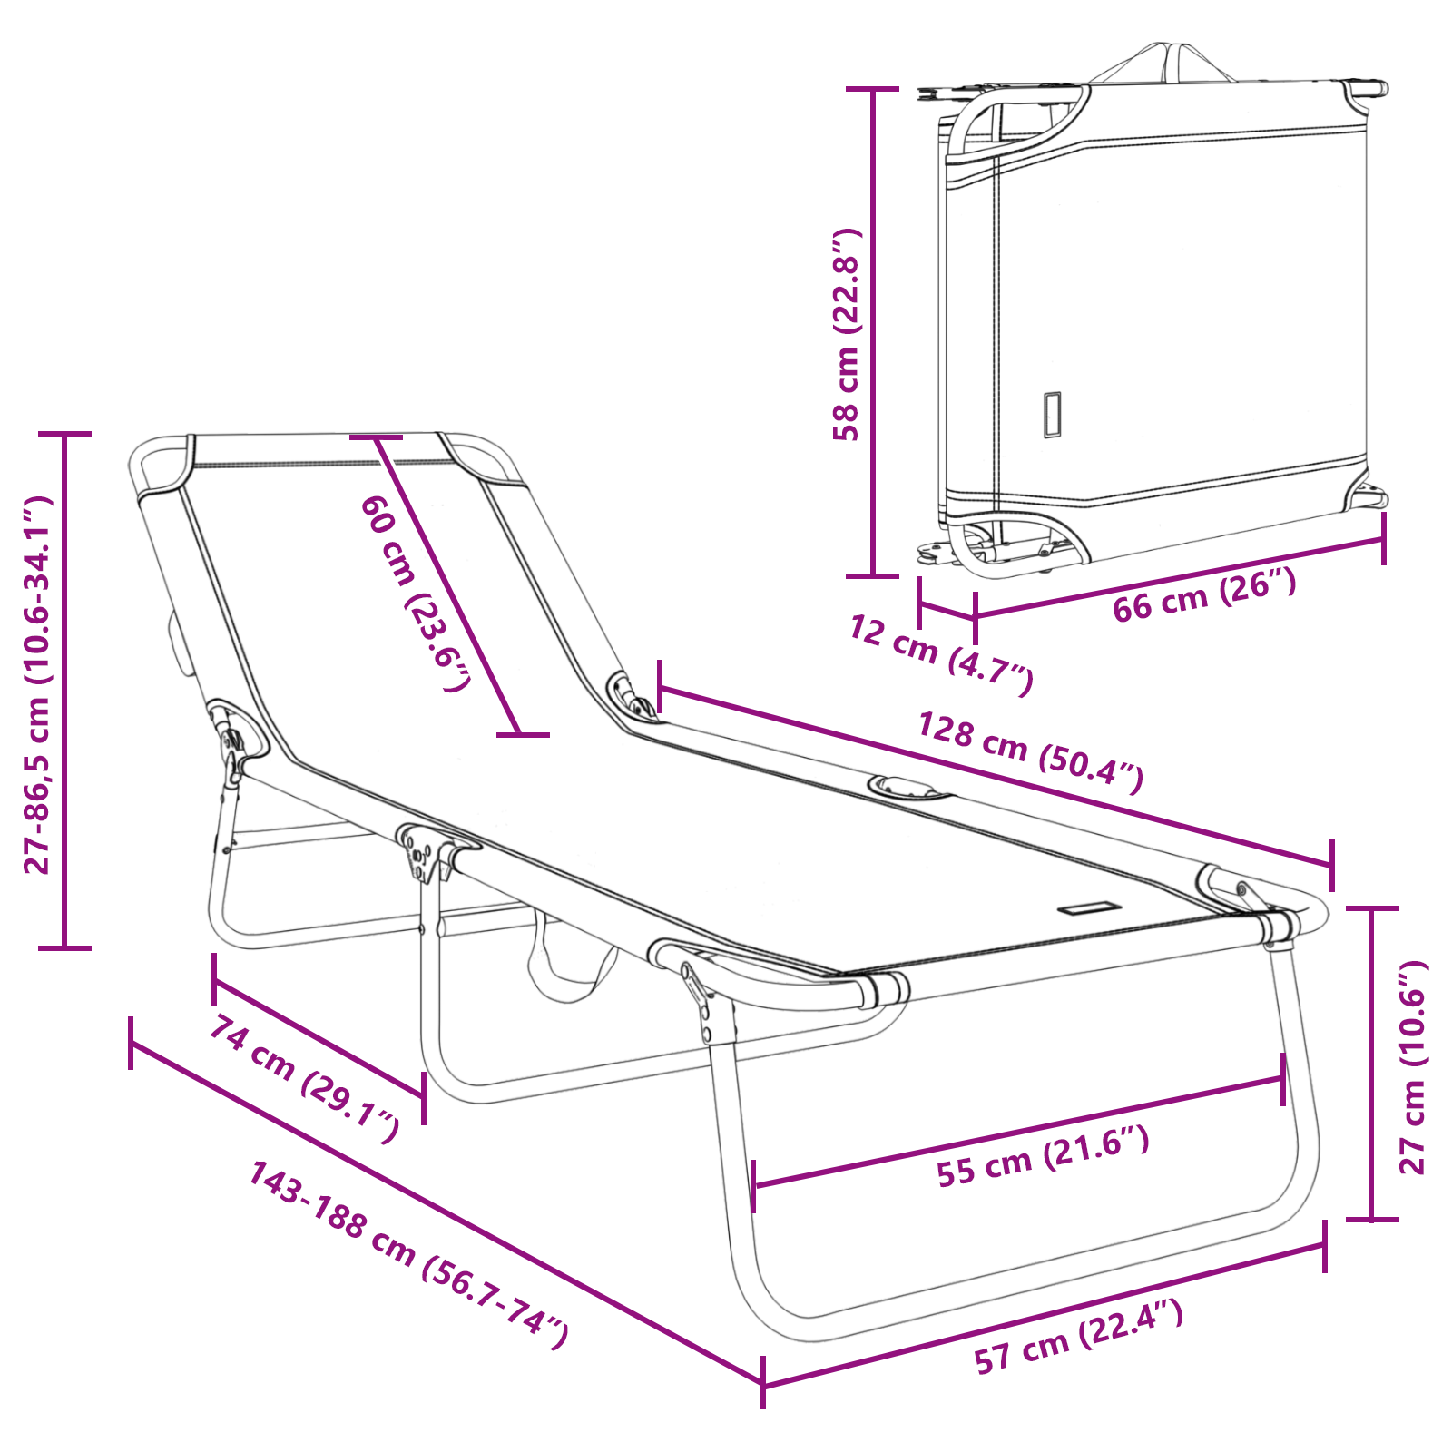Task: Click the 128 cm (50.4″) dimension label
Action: click(x=1030, y=752)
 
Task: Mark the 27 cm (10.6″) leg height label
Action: click(x=1413, y=1066)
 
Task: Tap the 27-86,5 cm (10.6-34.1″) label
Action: click(x=38, y=685)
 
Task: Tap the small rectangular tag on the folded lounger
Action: click(x=1052, y=415)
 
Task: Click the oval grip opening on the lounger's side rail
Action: click(x=909, y=787)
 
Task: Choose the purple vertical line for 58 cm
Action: click(x=873, y=332)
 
